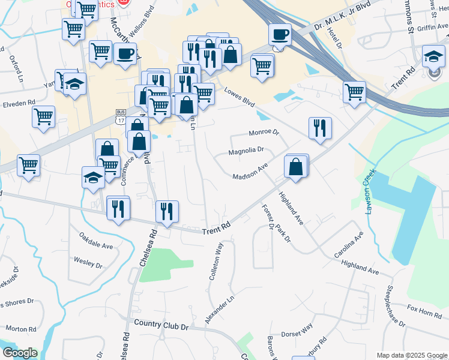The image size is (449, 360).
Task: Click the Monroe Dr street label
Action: point(264,132)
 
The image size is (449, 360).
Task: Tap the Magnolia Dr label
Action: point(246,151)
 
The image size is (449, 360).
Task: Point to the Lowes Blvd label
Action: point(240,97)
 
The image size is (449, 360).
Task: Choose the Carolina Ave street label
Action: point(348,245)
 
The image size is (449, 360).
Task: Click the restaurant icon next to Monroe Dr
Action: point(319,127)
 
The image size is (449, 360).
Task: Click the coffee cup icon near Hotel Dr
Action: point(279,34)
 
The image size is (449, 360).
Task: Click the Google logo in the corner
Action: point(20,352)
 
